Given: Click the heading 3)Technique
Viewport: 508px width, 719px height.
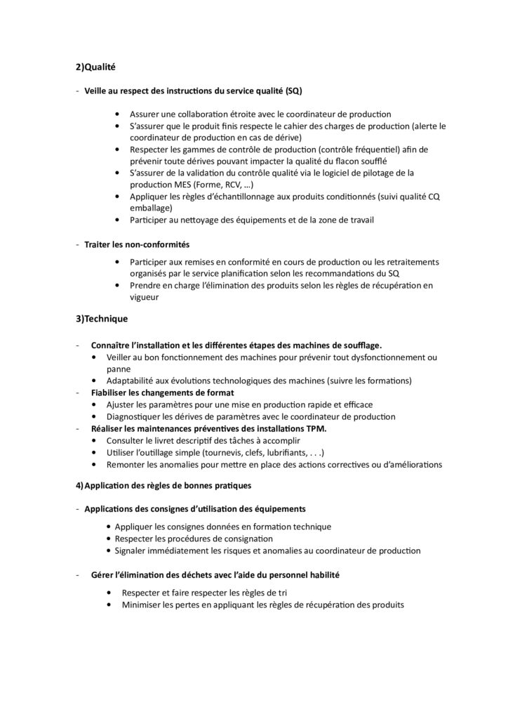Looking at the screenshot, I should point(102,319).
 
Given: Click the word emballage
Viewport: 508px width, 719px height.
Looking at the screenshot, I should point(149,208).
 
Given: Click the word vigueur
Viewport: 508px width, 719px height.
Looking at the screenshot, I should point(146,297).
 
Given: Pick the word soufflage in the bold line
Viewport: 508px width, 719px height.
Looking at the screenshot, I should point(361,345).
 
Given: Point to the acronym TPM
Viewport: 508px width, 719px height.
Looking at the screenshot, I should point(315,428).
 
